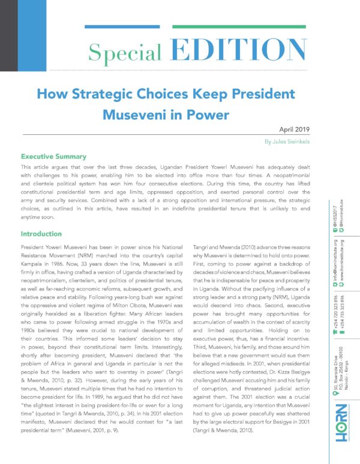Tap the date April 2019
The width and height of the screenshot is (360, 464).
coord(296,130)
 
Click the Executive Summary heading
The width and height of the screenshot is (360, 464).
coord(58,156)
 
